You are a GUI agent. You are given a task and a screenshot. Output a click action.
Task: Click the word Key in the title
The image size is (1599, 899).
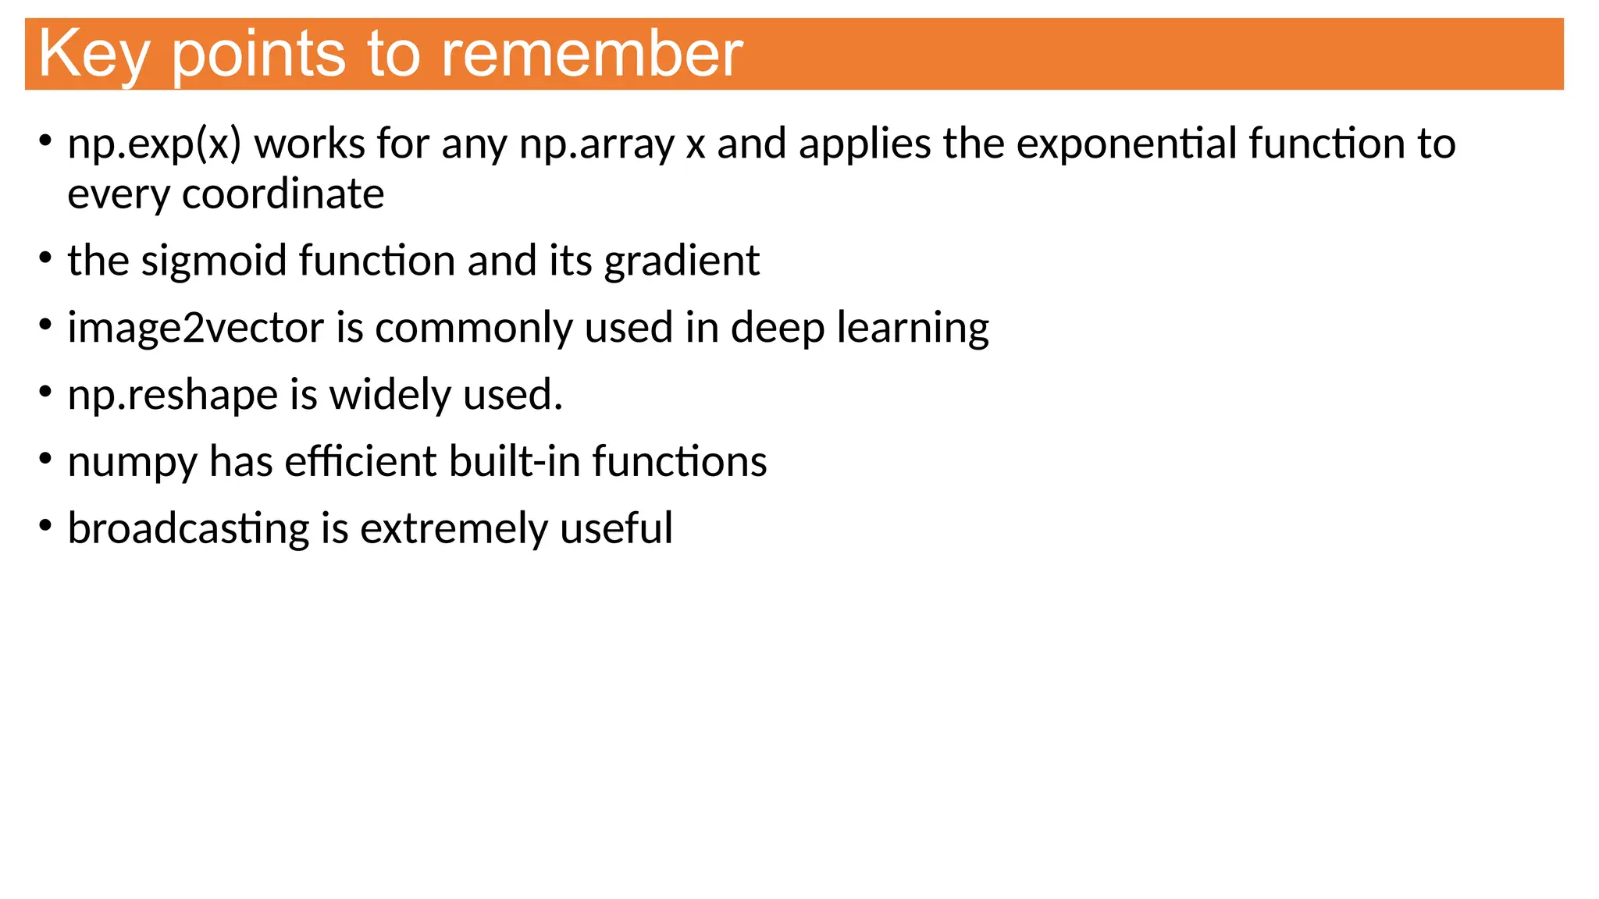(x=93, y=55)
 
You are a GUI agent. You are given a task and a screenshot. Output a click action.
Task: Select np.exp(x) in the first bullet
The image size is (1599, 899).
(x=155, y=144)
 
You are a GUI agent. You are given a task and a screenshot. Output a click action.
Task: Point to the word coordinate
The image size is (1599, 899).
(x=283, y=194)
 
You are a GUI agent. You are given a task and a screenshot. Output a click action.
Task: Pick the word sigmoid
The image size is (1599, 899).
(x=214, y=261)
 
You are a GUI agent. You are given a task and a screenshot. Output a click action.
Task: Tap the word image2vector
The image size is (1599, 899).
(x=195, y=328)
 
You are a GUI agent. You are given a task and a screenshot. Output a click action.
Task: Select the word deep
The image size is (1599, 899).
(x=777, y=328)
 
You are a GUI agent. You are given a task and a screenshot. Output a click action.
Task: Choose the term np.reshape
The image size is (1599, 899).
(x=173, y=395)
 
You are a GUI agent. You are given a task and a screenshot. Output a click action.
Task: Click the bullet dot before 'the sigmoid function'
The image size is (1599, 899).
(x=46, y=257)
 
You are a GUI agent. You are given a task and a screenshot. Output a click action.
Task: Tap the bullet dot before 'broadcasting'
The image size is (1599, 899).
(x=46, y=525)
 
